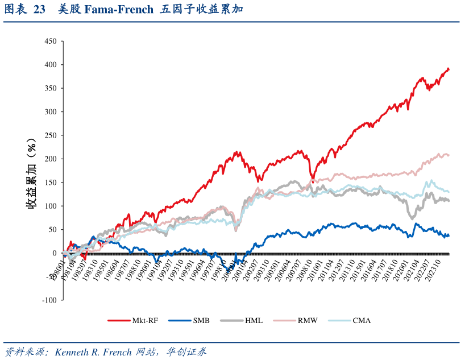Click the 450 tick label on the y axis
(x=50, y=42)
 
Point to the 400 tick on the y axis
(x=50, y=65)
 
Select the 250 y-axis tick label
(x=50, y=135)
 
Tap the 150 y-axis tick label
(x=50, y=183)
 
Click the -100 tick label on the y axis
(x=49, y=300)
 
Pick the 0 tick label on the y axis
(x=54, y=253)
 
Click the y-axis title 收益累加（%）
(x=32, y=173)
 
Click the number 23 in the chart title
(x=39, y=10)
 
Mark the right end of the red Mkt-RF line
(x=449, y=69)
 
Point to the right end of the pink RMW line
(x=449, y=155)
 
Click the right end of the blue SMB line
(x=449, y=235)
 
